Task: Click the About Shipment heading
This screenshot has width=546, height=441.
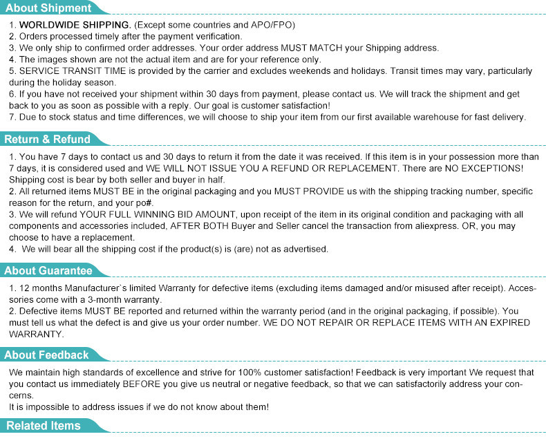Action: click(48, 8)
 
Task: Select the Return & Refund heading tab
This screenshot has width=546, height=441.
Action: click(47, 140)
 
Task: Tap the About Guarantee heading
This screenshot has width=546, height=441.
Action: click(48, 271)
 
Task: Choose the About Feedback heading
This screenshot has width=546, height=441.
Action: click(46, 355)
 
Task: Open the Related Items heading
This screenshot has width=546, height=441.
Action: click(43, 426)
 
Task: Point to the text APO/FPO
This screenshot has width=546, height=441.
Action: click(273, 25)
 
